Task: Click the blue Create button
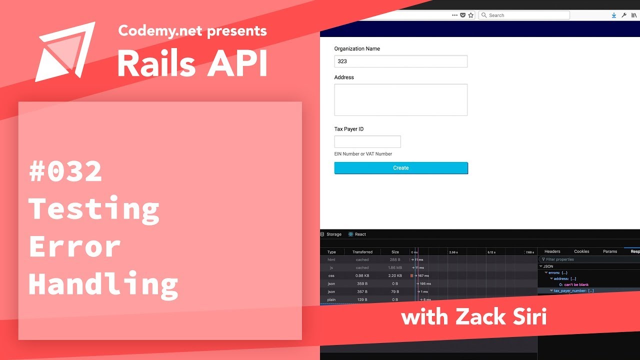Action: (x=401, y=168)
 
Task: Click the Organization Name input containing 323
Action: (x=401, y=61)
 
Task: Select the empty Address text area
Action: (x=401, y=100)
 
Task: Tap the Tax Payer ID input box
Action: (x=367, y=141)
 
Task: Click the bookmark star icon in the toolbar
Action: (x=470, y=15)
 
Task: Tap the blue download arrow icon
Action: (x=614, y=15)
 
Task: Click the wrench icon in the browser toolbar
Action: (x=624, y=15)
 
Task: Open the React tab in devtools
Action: (x=357, y=234)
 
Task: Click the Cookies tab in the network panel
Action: (x=581, y=251)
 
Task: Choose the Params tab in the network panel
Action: (x=610, y=251)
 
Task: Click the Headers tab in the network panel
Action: (x=552, y=251)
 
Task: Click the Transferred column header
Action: (x=362, y=252)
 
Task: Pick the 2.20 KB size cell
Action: (x=395, y=275)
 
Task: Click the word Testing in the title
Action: (x=94, y=209)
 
